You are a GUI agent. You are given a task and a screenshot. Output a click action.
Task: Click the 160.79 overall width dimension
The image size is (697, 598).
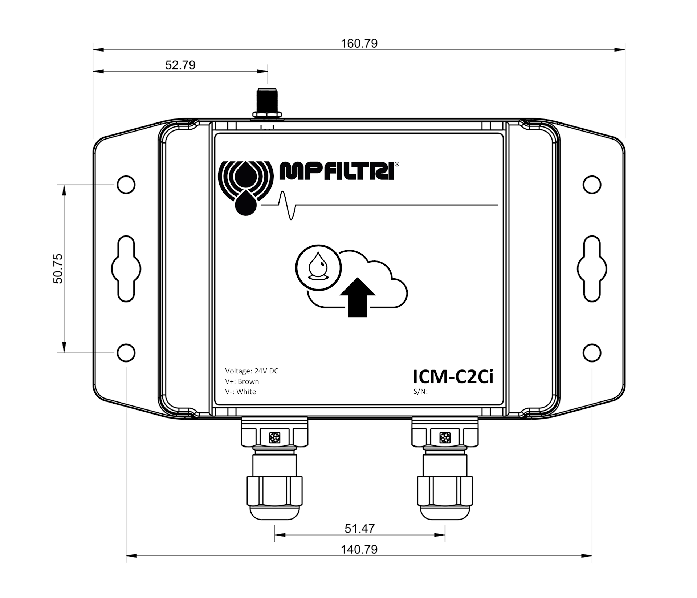point(359,43)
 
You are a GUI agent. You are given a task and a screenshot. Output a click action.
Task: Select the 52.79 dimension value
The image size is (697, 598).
point(180,65)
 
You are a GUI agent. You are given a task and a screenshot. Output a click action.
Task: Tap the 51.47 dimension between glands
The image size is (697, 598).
point(359,528)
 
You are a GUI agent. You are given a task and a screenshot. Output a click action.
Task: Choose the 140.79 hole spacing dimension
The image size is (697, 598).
point(359,549)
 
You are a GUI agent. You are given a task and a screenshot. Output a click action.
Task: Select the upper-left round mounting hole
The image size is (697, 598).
point(126,185)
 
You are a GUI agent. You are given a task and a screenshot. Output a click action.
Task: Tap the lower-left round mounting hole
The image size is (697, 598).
point(126,352)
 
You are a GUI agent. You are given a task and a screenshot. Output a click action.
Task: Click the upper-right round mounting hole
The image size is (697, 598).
point(592,185)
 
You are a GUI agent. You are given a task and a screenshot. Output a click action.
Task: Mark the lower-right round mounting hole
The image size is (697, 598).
point(592,352)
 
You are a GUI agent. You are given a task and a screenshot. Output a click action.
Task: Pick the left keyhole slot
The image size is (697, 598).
point(126,268)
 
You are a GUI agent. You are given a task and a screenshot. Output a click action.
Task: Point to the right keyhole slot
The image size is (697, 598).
point(592,268)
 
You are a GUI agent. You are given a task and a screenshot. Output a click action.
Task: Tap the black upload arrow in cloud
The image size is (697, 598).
point(357,297)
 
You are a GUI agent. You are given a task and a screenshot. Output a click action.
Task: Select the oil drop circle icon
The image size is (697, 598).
point(318,267)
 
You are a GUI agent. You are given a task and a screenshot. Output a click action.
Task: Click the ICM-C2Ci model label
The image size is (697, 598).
point(453,377)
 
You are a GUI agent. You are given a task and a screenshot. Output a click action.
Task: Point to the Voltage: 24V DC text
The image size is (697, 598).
point(252,371)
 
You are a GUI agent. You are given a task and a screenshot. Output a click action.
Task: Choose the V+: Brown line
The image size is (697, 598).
point(242,381)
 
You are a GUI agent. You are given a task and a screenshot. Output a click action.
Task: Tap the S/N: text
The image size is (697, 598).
point(420,392)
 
